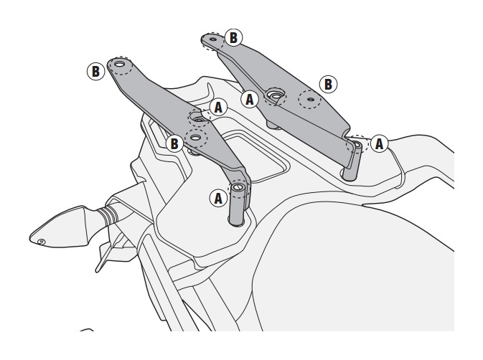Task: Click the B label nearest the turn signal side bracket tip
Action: click(x=95, y=71)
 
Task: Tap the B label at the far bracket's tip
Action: click(x=233, y=37)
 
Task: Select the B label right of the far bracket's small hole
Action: click(x=328, y=84)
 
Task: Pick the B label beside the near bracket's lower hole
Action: click(x=174, y=143)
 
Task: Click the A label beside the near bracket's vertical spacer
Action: click(x=218, y=198)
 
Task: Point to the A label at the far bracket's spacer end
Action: click(x=379, y=143)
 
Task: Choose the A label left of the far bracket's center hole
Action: click(x=250, y=100)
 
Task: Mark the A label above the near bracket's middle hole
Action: click(x=218, y=108)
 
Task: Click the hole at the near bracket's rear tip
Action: click(x=120, y=65)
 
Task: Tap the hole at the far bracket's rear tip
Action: click(x=213, y=39)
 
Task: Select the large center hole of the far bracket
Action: click(x=274, y=95)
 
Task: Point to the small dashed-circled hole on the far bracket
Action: click(x=311, y=100)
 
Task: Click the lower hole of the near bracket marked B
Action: click(x=196, y=137)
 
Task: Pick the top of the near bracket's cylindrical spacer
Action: click(x=238, y=186)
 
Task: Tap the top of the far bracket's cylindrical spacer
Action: click(x=355, y=143)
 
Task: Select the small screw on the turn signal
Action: click(x=40, y=242)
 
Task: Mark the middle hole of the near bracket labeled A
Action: click(x=197, y=118)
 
